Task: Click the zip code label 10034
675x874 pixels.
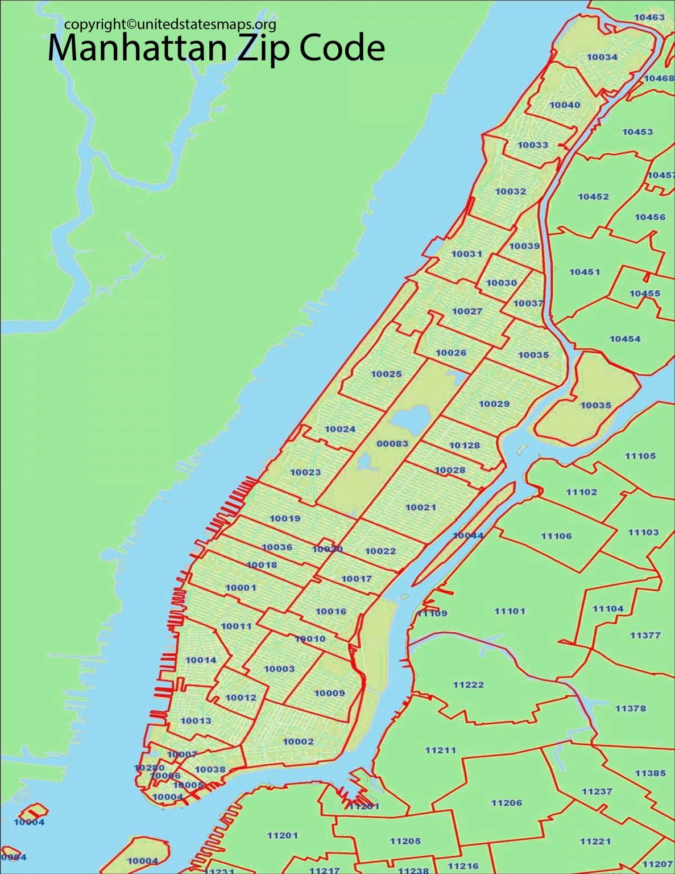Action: pos(602,57)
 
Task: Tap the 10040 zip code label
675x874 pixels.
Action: pos(565,105)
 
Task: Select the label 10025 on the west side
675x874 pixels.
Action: pos(386,374)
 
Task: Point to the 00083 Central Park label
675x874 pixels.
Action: pos(392,443)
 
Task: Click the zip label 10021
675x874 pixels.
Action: pos(421,507)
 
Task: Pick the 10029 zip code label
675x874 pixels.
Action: pos(494,404)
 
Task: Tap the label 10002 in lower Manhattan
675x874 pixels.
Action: pos(298,741)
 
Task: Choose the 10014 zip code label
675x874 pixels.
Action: pos(201,660)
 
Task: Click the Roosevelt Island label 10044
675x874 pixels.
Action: pos(468,535)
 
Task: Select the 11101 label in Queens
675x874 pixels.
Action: pos(510,611)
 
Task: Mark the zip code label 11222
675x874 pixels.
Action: pos(468,685)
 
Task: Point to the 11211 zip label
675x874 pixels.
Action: pos(440,750)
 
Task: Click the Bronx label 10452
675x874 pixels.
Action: pos(593,196)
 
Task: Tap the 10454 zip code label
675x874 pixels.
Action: pos(625,339)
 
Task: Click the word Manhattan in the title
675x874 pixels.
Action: pos(139,48)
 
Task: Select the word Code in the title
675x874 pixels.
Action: pos(342,48)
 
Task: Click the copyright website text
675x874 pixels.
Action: pos(170,24)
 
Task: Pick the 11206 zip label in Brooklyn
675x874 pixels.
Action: pos(506,802)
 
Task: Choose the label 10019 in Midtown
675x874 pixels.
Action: pos(285,518)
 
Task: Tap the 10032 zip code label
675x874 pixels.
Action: pos(511,191)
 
